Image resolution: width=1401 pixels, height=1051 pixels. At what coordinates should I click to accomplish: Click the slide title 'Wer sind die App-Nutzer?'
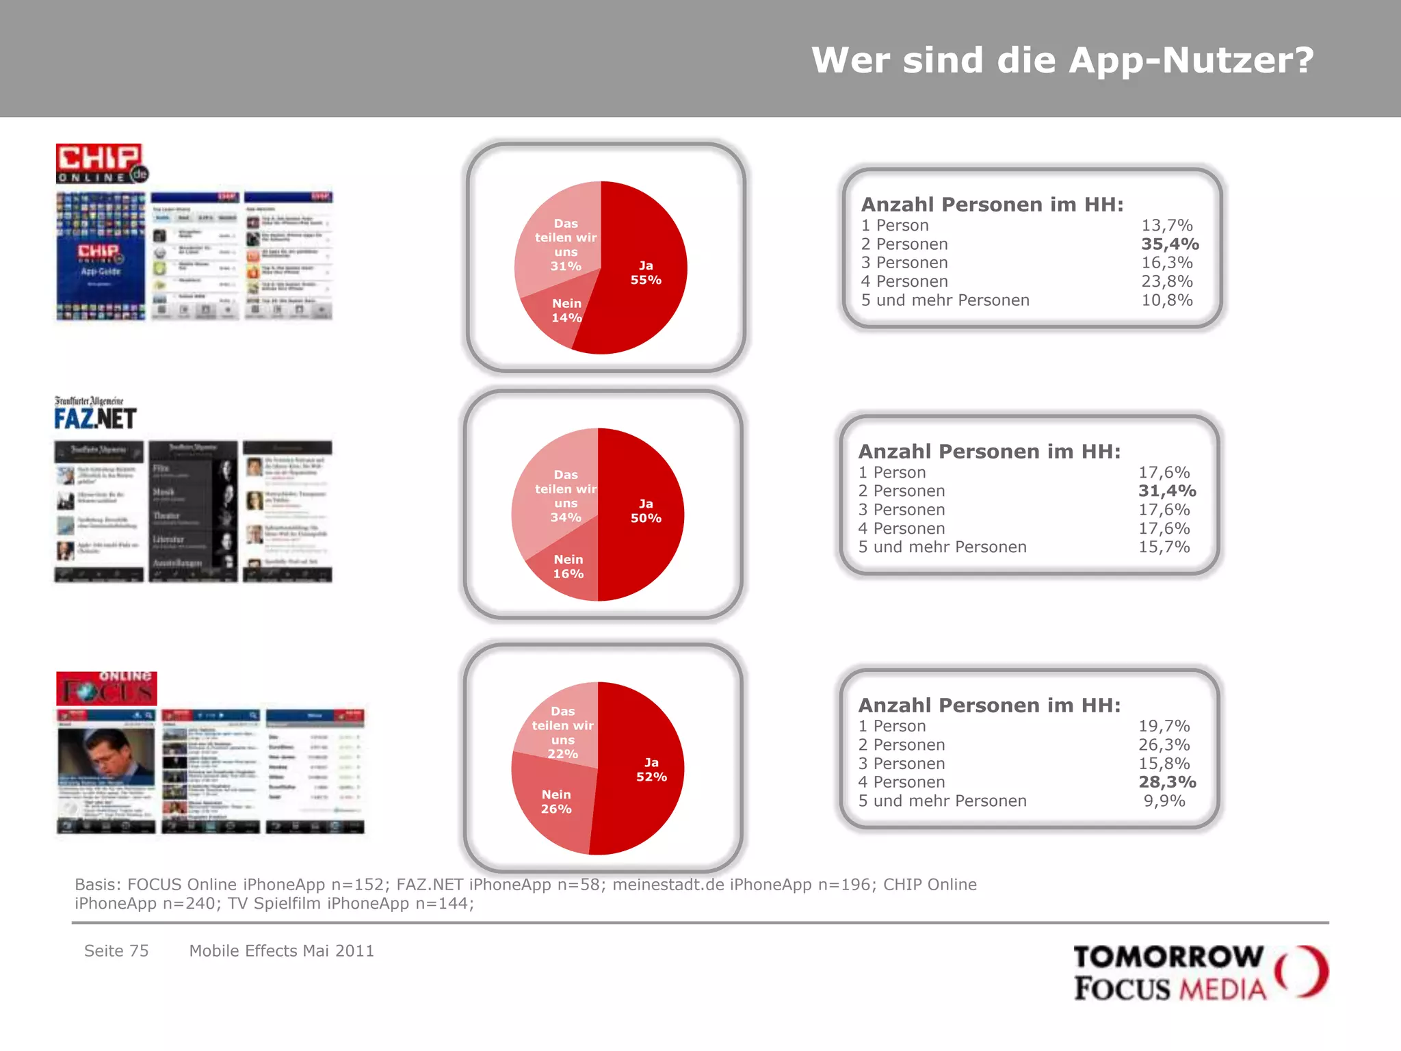(x=1062, y=60)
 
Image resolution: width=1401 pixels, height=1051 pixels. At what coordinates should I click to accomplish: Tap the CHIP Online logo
(x=101, y=164)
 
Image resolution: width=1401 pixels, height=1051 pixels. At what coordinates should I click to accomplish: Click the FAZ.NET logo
(x=95, y=413)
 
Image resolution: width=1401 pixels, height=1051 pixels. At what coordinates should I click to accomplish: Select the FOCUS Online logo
(x=107, y=688)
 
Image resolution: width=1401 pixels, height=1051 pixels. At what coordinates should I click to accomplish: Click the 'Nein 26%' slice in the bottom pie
(x=555, y=802)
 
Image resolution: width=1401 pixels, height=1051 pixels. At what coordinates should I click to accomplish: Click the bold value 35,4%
(x=1169, y=244)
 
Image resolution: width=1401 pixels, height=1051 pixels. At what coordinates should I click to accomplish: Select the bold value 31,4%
(x=1166, y=491)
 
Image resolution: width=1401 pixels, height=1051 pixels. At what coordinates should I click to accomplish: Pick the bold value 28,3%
(x=1166, y=782)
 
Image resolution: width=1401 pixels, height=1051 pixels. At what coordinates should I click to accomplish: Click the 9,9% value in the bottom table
(x=1164, y=801)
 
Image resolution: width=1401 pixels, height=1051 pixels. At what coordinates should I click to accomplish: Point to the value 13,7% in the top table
(x=1166, y=226)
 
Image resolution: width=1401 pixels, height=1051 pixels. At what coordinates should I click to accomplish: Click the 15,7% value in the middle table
(x=1164, y=547)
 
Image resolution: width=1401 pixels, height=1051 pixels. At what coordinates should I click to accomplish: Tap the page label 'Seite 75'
(x=116, y=951)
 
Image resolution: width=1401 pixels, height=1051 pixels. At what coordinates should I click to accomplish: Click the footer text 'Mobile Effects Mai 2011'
(x=281, y=951)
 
